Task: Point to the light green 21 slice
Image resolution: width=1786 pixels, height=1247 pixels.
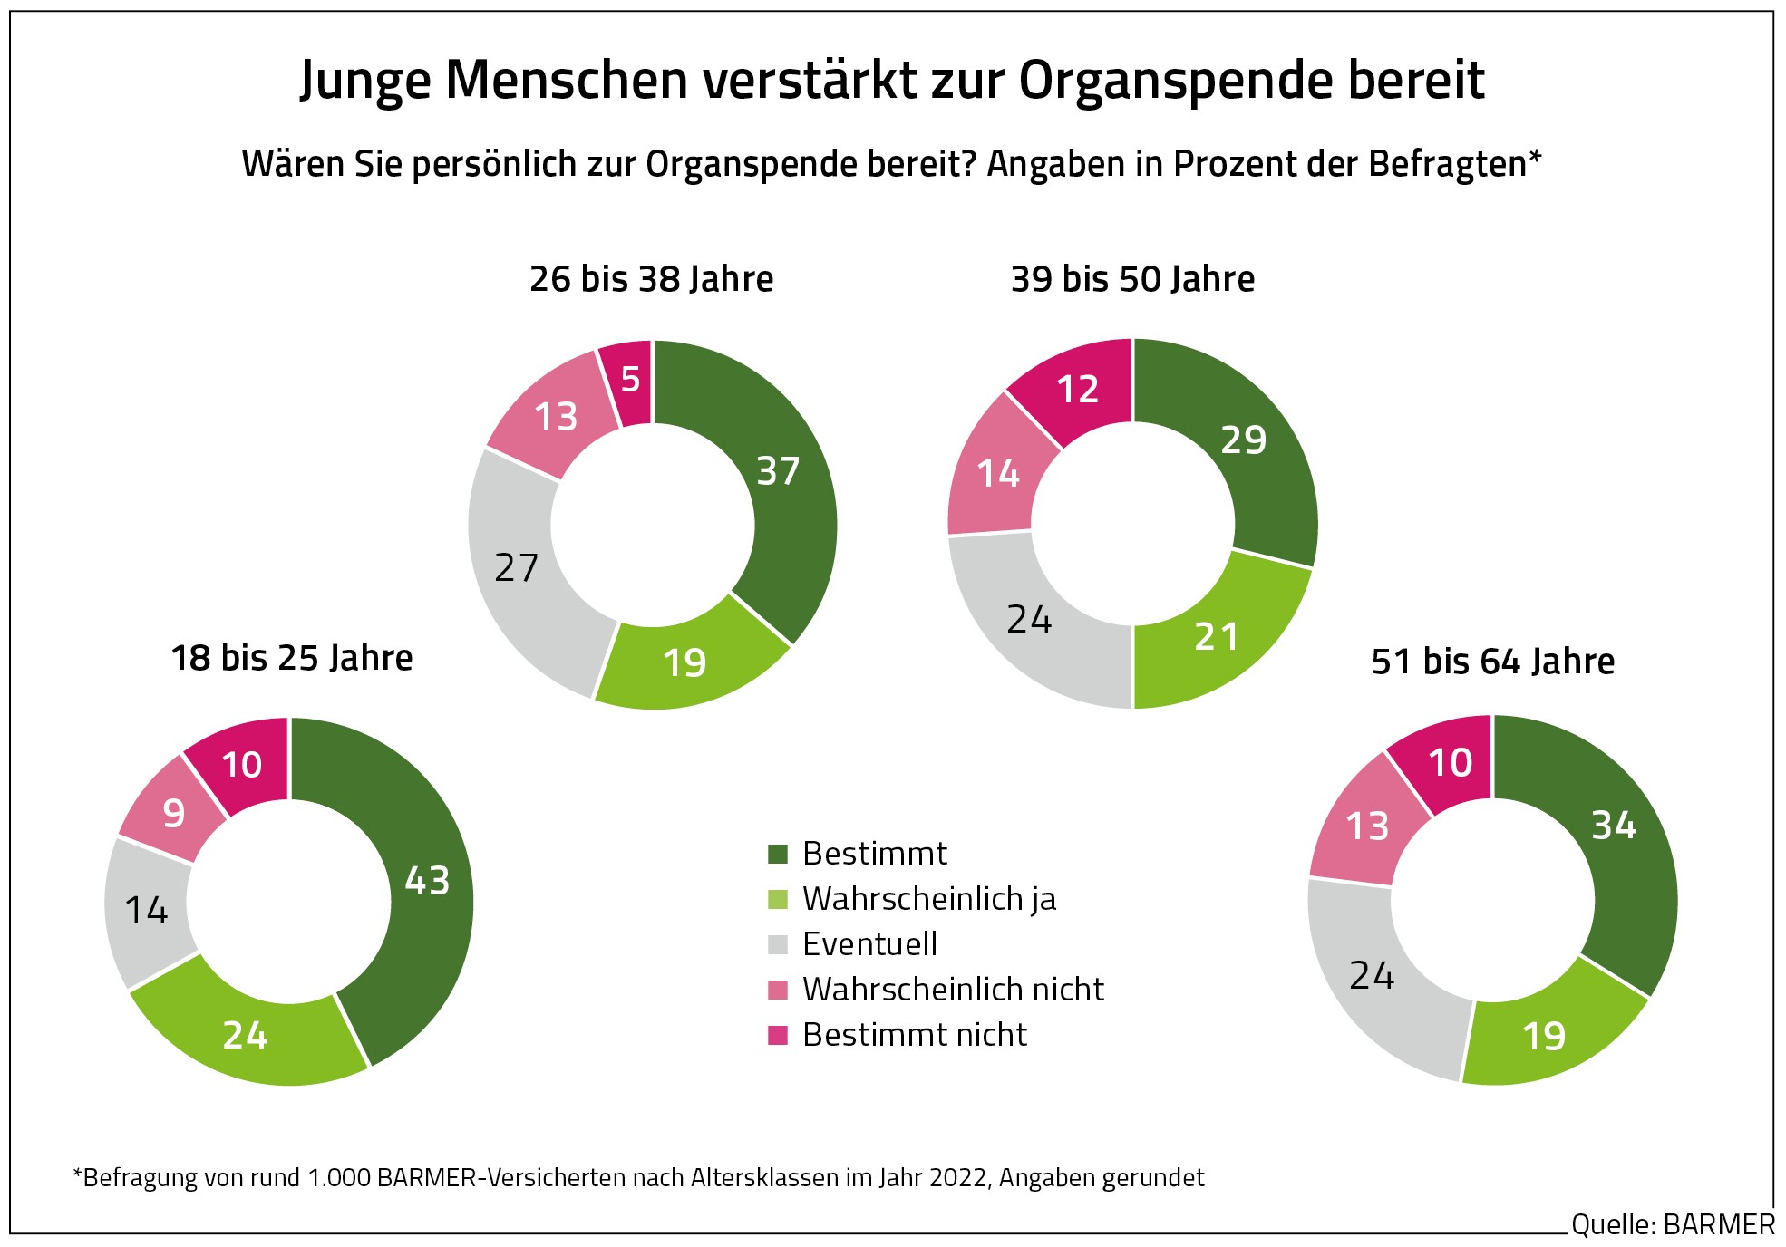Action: coord(1216,637)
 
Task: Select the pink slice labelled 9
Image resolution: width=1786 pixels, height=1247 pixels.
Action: coord(173,814)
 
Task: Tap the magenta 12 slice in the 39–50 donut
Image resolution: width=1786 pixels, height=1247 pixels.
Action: coord(1077,391)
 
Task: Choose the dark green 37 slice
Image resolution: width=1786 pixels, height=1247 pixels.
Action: coord(778,471)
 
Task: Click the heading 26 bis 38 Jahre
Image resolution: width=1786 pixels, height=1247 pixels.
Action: coord(651,279)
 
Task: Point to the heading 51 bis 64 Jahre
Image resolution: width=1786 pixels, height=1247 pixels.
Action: coord(1492,662)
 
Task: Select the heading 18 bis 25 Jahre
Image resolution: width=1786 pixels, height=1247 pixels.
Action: coord(291,658)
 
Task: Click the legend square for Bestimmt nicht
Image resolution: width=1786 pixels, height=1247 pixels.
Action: coord(778,1035)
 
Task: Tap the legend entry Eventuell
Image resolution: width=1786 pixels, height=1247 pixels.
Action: coord(869,944)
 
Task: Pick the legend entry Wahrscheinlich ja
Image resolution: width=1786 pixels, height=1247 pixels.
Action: coord(928,899)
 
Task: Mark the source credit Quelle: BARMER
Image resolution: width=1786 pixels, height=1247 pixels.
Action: coord(1673,1225)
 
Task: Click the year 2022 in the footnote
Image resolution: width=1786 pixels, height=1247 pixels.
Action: coord(958,1178)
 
